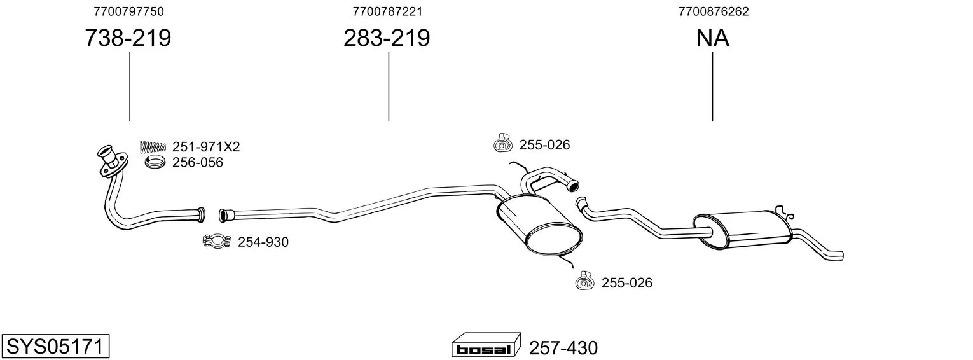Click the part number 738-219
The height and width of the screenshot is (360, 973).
pyautogui.click(x=128, y=38)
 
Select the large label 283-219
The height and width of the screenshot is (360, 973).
pyautogui.click(x=387, y=38)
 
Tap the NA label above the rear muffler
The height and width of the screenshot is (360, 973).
pyautogui.click(x=712, y=38)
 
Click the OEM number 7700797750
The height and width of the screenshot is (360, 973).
pyautogui.click(x=128, y=11)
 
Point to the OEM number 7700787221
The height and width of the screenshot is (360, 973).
pyautogui.click(x=387, y=11)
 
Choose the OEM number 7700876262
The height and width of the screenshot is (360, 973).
pyautogui.click(x=714, y=11)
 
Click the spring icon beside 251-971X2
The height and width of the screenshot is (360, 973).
pyautogui.click(x=153, y=147)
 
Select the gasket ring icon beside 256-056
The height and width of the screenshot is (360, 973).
pyautogui.click(x=155, y=162)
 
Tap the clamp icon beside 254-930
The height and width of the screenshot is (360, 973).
pyautogui.click(x=217, y=241)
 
